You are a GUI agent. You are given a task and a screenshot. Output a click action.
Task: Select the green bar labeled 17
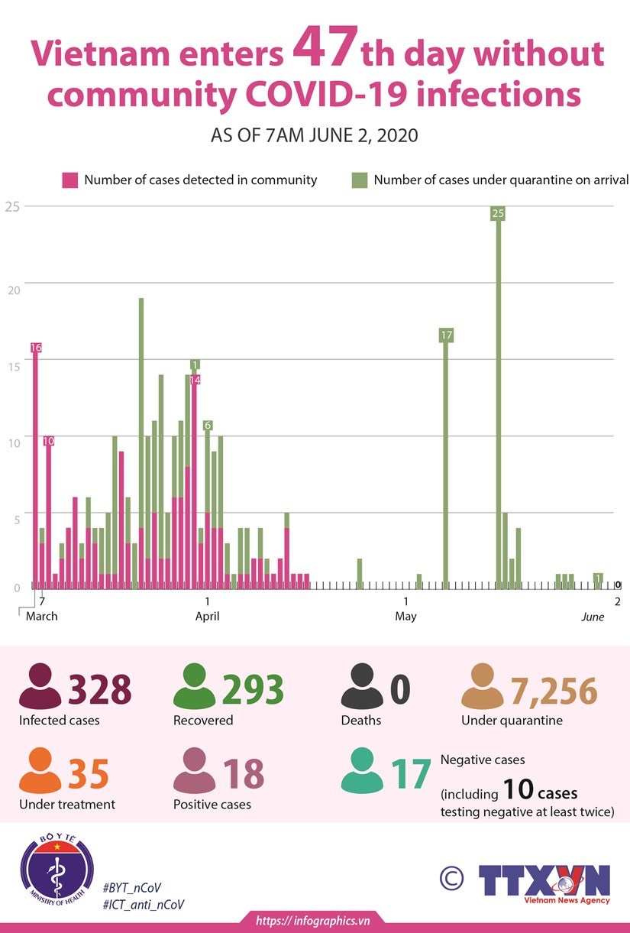446,458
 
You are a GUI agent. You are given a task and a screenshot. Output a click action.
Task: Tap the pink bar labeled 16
35,466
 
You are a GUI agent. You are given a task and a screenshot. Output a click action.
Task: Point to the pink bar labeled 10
48,512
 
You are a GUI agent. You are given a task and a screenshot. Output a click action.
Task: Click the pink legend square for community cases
70,180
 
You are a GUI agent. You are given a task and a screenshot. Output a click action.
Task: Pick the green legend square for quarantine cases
359,180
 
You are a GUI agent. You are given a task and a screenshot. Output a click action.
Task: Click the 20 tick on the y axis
11,283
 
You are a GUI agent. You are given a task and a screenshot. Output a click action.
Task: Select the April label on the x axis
207,616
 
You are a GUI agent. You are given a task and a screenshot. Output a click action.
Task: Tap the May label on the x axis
405,616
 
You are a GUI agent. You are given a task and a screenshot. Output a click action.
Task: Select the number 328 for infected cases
100,689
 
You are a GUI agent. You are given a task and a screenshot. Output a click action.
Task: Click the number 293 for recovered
253,689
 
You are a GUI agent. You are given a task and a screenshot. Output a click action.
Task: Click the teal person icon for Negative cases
363,773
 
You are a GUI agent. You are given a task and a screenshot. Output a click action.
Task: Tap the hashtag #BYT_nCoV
131,887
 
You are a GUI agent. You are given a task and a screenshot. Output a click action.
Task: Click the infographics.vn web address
313,921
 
